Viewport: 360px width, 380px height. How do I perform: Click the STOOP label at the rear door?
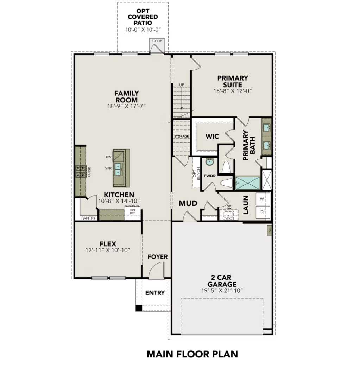[x=157, y=41]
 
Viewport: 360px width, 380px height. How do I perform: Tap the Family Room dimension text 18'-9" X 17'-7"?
[x=127, y=106]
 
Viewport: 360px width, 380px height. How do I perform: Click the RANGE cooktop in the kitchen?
[x=81, y=171]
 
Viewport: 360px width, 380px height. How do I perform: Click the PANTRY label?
[x=88, y=218]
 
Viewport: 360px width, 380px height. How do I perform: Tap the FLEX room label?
[x=108, y=243]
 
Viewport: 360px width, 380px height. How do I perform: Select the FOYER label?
[x=157, y=257]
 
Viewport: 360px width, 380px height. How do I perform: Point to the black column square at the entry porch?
[x=139, y=308]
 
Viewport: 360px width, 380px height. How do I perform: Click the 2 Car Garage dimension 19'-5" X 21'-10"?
[x=222, y=291]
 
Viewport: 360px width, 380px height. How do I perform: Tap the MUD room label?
[x=188, y=203]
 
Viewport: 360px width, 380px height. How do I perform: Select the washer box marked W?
[x=262, y=199]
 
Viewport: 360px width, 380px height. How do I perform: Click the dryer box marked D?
[x=262, y=212]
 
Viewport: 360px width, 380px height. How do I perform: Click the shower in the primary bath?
[x=248, y=183]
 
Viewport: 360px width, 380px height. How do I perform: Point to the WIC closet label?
[x=213, y=136]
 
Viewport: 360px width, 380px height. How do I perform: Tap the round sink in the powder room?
[x=210, y=162]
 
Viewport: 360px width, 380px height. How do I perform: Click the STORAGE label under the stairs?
[x=181, y=136]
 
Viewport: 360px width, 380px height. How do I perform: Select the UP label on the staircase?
[x=182, y=85]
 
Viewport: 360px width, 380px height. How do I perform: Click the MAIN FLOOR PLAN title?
[x=192, y=354]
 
